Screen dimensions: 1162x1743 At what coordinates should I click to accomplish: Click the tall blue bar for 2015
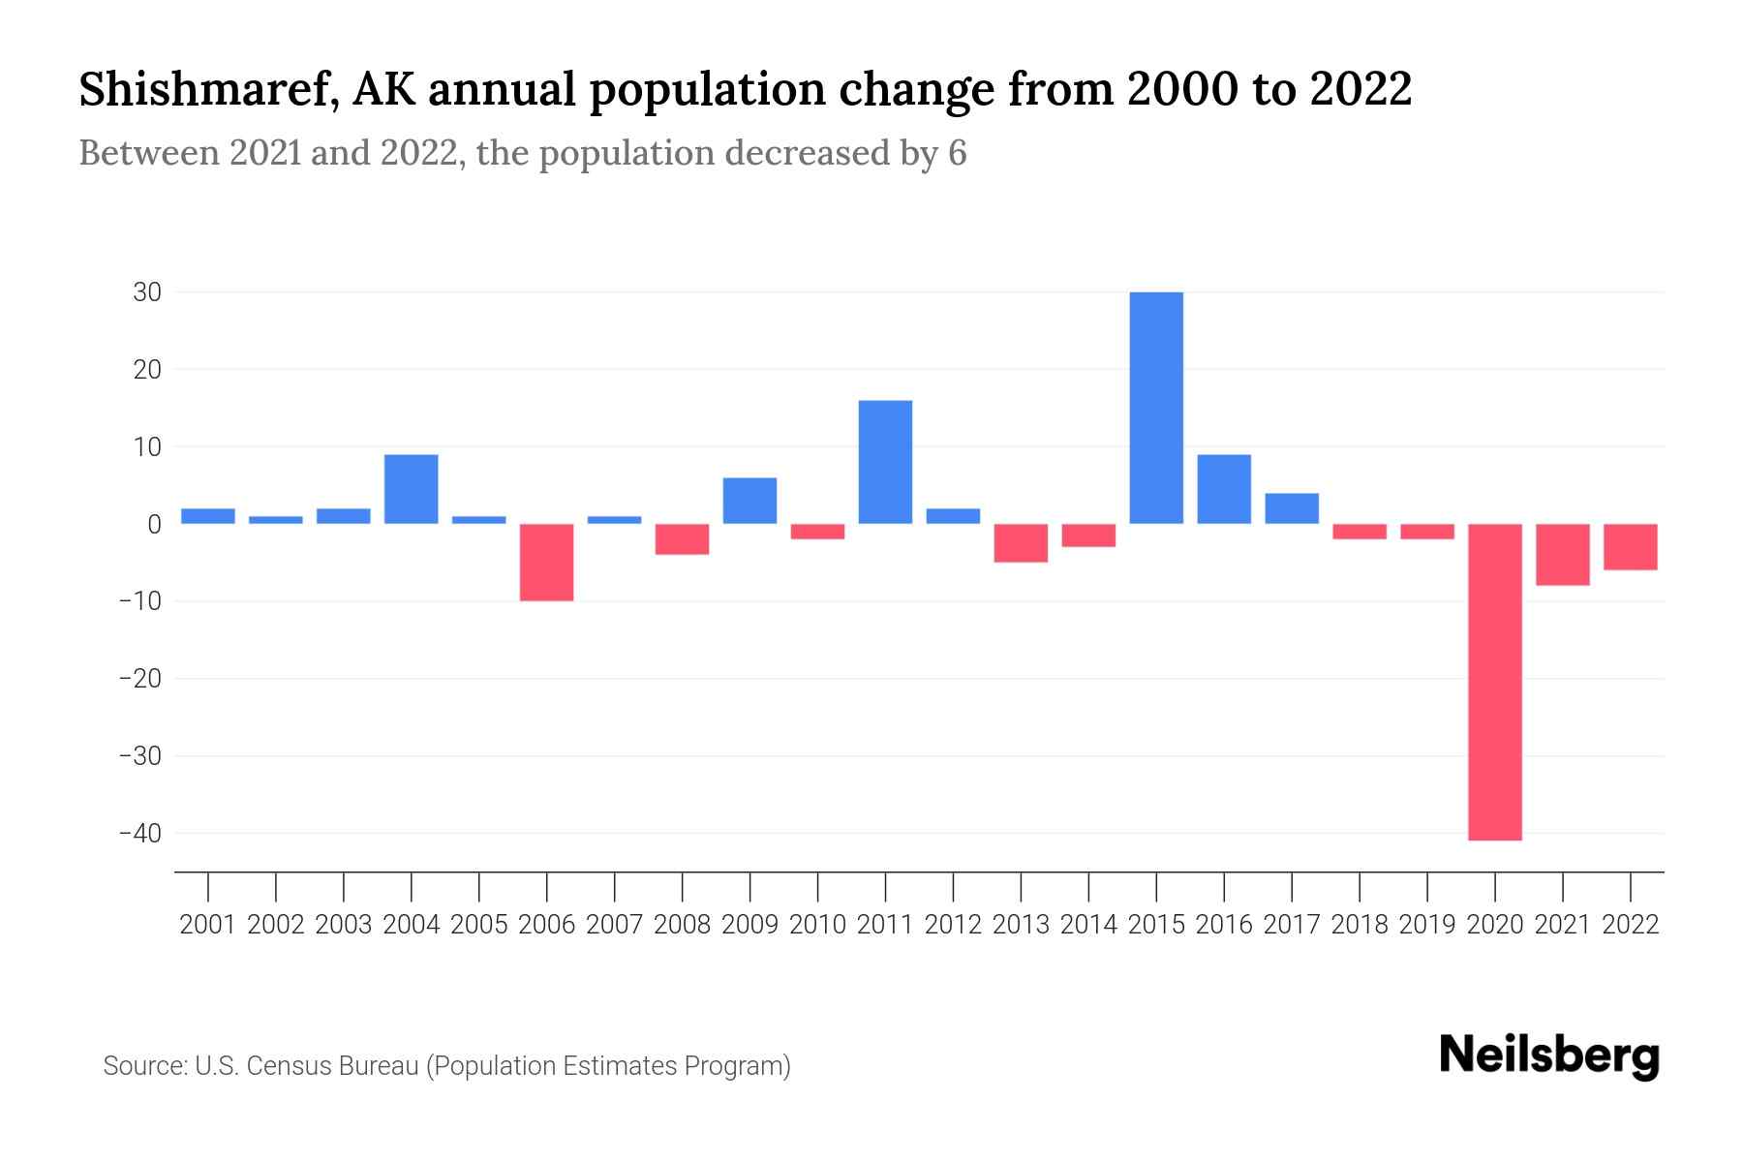pyautogui.click(x=1156, y=408)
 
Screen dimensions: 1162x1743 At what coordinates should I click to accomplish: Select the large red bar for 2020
pyautogui.click(x=1495, y=682)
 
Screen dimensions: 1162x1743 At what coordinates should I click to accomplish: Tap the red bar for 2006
pyautogui.click(x=547, y=563)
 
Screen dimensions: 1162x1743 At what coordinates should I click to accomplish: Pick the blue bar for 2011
pyautogui.click(x=885, y=462)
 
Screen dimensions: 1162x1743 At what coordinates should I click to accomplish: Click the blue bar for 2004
pyautogui.click(x=412, y=489)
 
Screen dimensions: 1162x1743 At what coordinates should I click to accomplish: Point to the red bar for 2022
pyautogui.click(x=1631, y=547)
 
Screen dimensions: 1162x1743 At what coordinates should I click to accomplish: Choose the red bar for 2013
pyautogui.click(x=1021, y=543)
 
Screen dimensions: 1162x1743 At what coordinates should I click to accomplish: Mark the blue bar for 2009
pyautogui.click(x=749, y=501)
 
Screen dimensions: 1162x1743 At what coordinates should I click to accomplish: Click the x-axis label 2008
pyautogui.click(x=682, y=925)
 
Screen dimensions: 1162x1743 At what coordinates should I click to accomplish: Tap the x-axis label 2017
pyautogui.click(x=1292, y=925)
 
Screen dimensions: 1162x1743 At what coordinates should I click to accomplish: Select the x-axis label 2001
pyautogui.click(x=208, y=925)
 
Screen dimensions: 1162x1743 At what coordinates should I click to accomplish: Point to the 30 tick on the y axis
pyautogui.click(x=147, y=292)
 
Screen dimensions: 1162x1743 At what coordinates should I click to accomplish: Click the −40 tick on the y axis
pyautogui.click(x=139, y=834)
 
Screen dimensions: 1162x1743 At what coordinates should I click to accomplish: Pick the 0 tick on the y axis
pyautogui.click(x=154, y=525)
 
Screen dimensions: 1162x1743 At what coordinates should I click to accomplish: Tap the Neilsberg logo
pyautogui.click(x=1549, y=1055)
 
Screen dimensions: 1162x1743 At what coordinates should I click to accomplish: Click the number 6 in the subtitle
pyautogui.click(x=957, y=154)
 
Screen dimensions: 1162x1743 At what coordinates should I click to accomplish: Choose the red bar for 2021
pyautogui.click(x=1563, y=555)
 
